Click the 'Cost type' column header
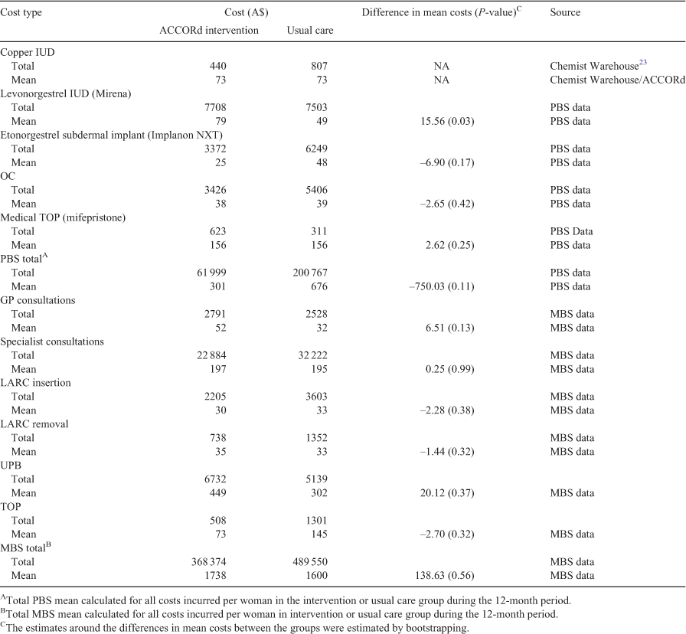[x=21, y=12]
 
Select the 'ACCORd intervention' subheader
[x=209, y=30]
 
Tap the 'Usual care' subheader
[x=310, y=30]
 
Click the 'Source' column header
[x=565, y=12]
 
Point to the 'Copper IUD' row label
[x=28, y=52]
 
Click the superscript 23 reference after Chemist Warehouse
[x=643, y=63]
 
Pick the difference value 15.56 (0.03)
[x=446, y=121]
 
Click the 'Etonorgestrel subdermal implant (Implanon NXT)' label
[x=111, y=135]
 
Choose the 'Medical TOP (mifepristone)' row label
[x=63, y=217]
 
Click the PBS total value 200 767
[x=310, y=273]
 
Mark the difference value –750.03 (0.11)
[x=442, y=286]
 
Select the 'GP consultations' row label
[x=38, y=300]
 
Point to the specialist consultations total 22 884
[x=211, y=355]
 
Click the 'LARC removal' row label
[x=34, y=424]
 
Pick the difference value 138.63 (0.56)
[x=445, y=575]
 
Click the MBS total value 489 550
[x=310, y=562]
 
